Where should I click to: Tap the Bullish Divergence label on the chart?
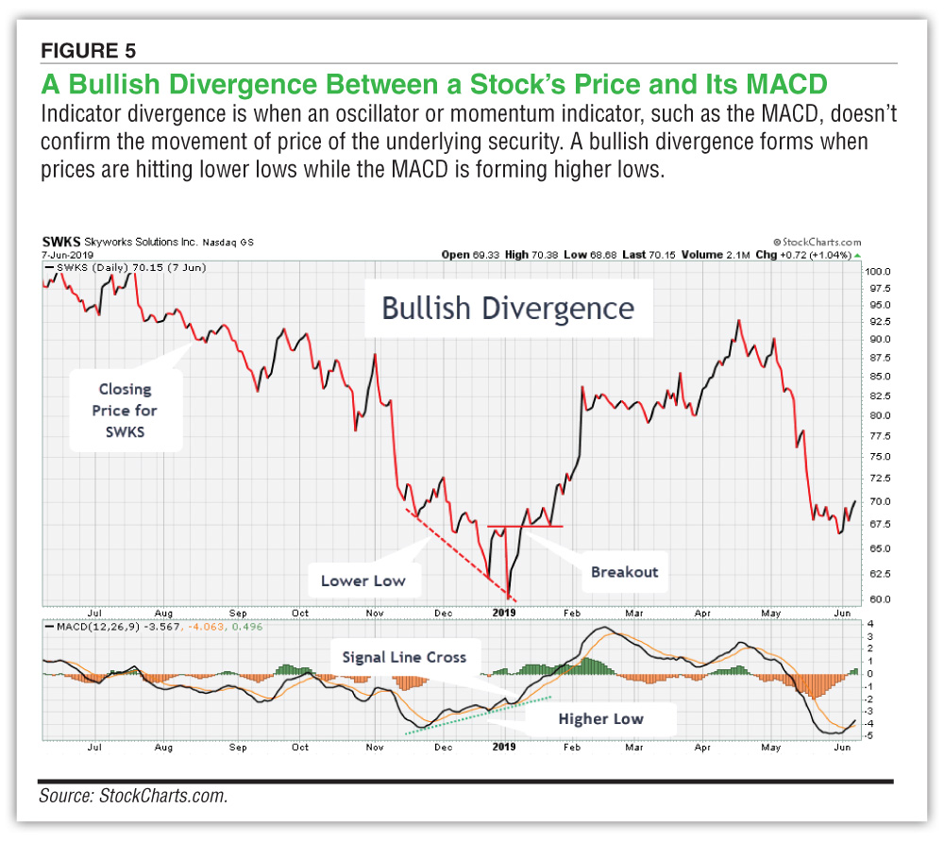point(508,308)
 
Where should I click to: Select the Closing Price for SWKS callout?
point(125,411)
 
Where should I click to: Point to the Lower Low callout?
point(362,581)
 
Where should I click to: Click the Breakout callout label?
point(624,571)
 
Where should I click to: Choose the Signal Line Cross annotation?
point(403,656)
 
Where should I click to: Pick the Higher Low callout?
point(600,718)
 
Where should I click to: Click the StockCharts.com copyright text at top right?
point(817,242)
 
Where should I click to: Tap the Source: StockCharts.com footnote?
point(133,796)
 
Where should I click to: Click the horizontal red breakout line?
point(525,526)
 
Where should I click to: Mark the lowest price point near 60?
point(509,597)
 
